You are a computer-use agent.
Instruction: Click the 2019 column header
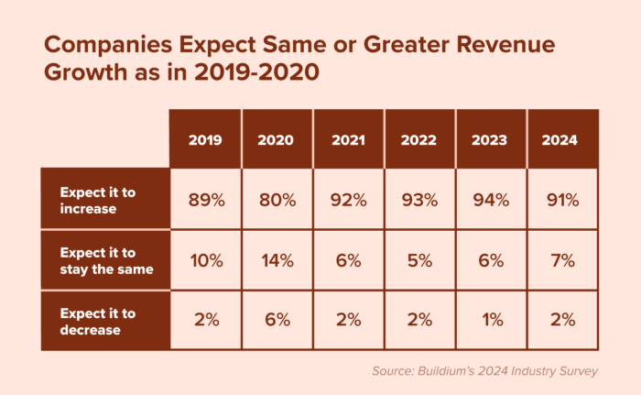click(x=206, y=140)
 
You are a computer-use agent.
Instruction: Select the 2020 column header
click(x=277, y=140)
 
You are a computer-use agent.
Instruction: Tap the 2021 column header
click(x=349, y=140)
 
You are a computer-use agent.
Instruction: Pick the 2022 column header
click(x=420, y=140)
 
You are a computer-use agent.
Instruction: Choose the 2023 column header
click(x=492, y=140)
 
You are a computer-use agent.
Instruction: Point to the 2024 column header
click(x=563, y=140)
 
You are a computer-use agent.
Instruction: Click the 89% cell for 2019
click(x=206, y=199)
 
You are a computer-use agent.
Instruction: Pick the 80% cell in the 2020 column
click(x=277, y=199)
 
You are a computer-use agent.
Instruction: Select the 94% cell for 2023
click(x=492, y=199)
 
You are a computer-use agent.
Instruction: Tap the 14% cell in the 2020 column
click(x=277, y=259)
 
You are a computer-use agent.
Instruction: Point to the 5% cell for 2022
click(x=420, y=259)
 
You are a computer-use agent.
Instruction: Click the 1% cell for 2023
click(x=492, y=320)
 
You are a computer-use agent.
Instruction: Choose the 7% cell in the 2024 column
click(x=563, y=259)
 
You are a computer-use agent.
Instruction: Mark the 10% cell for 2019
click(x=206, y=259)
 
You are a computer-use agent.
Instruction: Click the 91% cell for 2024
click(x=563, y=199)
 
